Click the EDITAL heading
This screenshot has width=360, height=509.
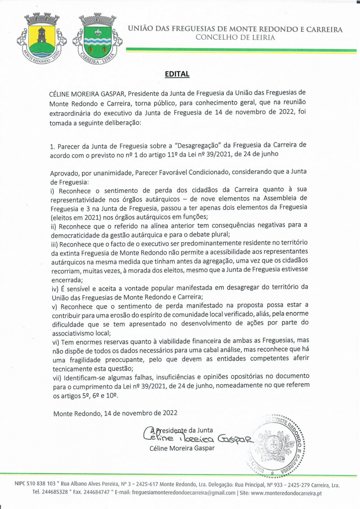coord(178,74)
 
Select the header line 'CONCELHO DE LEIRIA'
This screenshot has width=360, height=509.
coord(235,37)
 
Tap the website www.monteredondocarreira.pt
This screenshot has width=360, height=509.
coord(287,493)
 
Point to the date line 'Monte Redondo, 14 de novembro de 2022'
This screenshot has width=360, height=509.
coord(115,413)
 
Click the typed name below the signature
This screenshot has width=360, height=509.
coord(182,448)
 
